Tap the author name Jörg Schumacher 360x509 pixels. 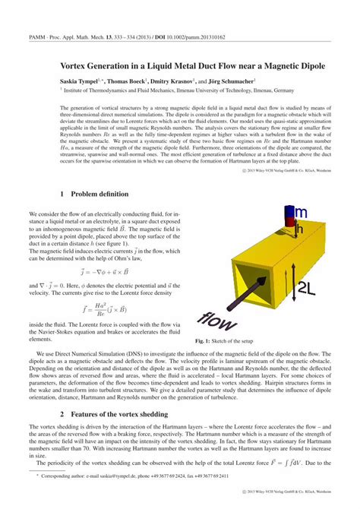coord(231,80)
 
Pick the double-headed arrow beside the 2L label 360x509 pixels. coord(291,285)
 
